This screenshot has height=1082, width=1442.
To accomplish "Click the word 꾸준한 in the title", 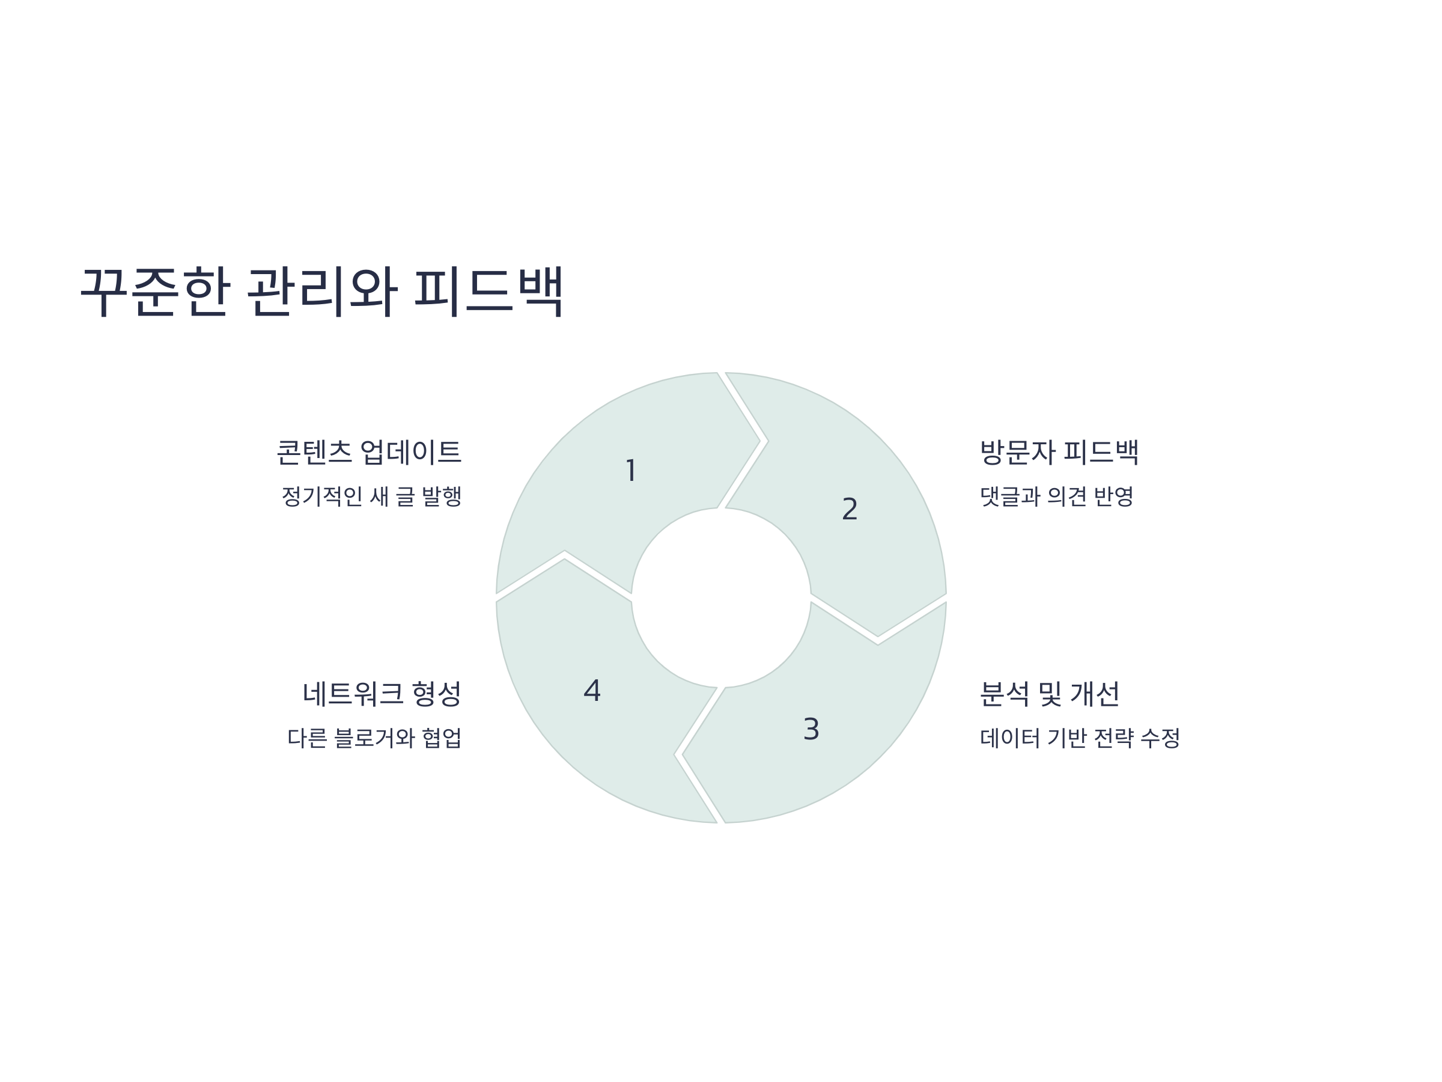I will [155, 291].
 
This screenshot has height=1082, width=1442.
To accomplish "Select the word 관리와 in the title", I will [322, 291].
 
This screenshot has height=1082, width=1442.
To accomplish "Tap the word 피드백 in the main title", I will [488, 291].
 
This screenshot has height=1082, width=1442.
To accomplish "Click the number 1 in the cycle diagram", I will [630, 471].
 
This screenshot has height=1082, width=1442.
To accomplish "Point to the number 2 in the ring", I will [850, 509].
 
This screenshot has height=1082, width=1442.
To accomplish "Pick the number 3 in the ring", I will [811, 729].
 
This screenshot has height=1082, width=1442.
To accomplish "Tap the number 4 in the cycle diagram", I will [592, 691].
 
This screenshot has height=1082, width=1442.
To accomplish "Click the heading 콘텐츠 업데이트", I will [369, 452].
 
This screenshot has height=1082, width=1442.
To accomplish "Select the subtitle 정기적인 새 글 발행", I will [371, 497].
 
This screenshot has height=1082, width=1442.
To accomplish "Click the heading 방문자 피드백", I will [1059, 452].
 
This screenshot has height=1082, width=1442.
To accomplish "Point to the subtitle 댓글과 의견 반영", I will [1057, 497].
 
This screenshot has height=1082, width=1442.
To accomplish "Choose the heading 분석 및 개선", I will [1050, 693].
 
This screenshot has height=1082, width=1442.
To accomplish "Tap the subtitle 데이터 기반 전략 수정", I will [1080, 738].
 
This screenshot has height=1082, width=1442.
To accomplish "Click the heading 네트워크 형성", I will [382, 693].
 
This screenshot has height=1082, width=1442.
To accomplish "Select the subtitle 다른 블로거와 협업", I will [374, 738].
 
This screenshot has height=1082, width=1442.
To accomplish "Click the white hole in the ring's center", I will [721, 598].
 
